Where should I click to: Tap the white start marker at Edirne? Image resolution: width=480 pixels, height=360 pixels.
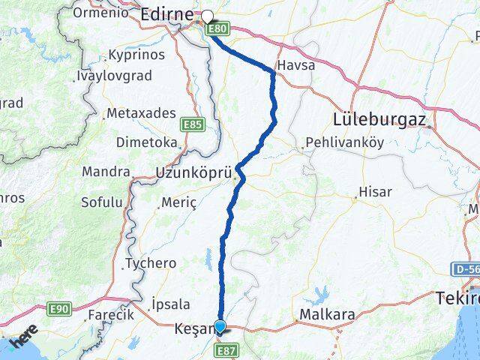pos(207,15)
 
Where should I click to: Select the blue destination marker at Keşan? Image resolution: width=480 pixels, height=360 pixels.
pos(220,326)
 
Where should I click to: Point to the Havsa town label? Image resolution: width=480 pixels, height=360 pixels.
pos(295,65)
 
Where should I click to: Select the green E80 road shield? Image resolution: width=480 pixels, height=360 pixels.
pos(217,29)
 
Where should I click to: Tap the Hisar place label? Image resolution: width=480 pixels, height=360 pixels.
pos(375,192)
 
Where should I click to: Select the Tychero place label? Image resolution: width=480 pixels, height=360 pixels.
pos(151,263)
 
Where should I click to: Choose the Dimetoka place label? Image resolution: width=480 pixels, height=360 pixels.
pos(146,142)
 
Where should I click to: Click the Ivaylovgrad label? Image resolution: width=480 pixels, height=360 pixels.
pos(114,76)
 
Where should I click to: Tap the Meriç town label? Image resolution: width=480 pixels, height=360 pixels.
pos(178,202)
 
